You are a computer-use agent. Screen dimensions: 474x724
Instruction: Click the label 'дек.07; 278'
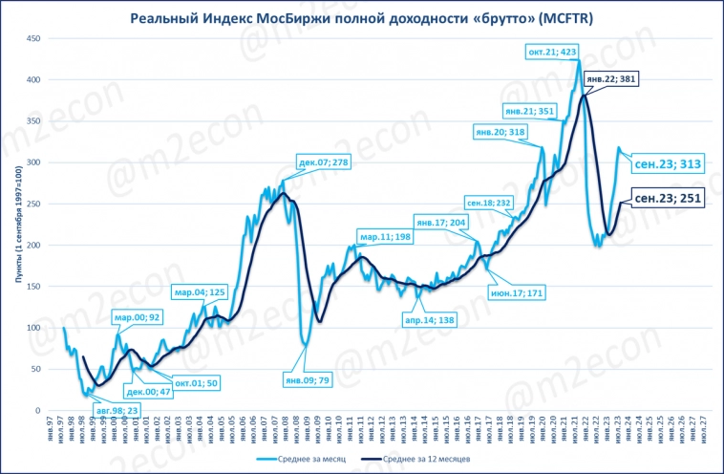(x=324, y=162)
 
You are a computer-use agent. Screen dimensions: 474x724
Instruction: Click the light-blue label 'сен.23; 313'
(x=668, y=163)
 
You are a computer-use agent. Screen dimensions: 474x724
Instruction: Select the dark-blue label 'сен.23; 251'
(x=668, y=198)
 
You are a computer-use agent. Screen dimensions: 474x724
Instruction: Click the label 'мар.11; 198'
(x=385, y=236)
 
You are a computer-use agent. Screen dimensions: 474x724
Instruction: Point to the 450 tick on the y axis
(x=32, y=38)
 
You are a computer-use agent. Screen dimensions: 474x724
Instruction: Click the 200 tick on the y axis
(x=32, y=245)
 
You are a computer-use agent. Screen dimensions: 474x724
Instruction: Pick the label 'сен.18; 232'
(x=489, y=203)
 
